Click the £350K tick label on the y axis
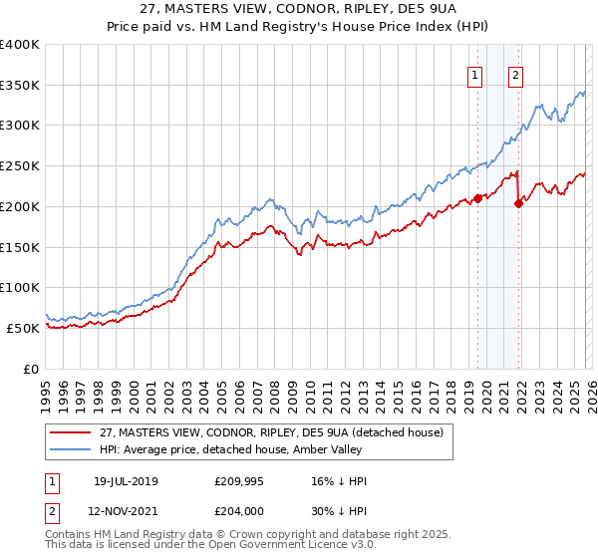(x=20, y=85)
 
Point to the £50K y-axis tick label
(x=23, y=328)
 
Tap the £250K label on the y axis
(x=20, y=165)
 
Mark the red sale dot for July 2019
(x=477, y=198)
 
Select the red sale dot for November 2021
(x=518, y=203)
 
